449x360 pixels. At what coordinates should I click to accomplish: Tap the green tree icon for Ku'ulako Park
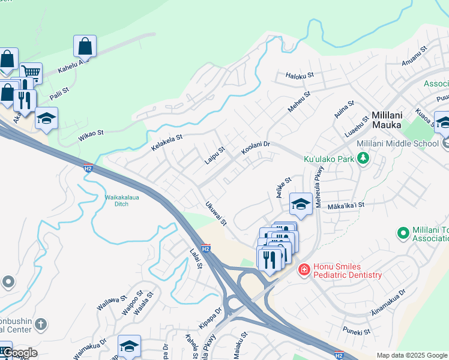(363, 159)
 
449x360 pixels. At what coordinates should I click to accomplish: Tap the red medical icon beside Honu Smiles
(304, 271)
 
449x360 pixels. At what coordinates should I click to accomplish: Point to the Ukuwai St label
(216, 213)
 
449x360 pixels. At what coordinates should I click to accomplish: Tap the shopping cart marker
(31, 73)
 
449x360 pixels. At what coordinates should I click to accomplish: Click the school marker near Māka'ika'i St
(301, 204)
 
